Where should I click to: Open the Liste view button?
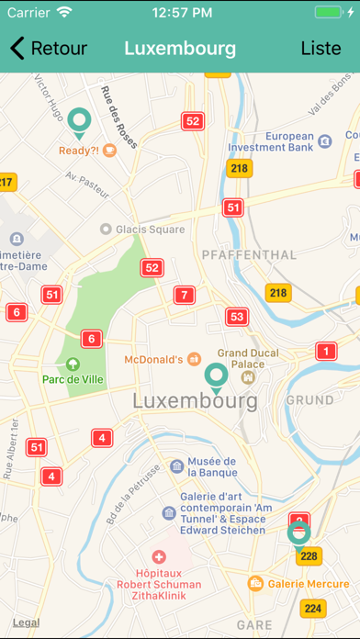[x=321, y=49]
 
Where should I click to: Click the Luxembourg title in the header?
[x=180, y=49]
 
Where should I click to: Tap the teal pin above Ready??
[x=80, y=120]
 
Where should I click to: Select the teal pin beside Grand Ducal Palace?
[x=217, y=376]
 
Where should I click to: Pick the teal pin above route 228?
[x=298, y=533]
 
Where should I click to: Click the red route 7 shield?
[x=186, y=295]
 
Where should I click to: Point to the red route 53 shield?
[x=238, y=317]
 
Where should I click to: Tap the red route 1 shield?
[x=325, y=351]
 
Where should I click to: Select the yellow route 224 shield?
[x=314, y=609]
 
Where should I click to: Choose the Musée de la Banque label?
[x=211, y=466]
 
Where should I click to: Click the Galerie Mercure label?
[x=307, y=583]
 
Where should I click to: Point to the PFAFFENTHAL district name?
[x=248, y=254]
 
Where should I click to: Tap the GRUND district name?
[x=310, y=400]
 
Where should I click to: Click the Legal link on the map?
[x=26, y=622]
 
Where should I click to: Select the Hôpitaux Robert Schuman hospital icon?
[x=158, y=557]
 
